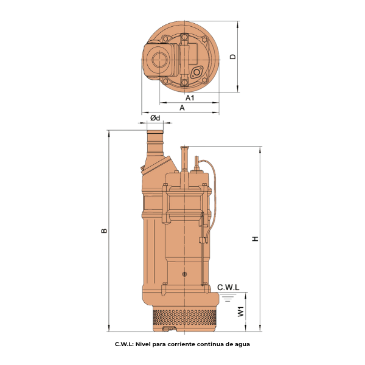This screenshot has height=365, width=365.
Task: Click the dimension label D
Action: tap(233, 57)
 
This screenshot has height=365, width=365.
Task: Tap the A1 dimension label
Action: tap(190, 98)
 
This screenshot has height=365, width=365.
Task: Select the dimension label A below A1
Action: tap(182, 108)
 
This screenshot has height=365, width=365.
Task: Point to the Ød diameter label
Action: tap(155, 118)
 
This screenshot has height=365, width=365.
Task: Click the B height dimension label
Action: tap(104, 231)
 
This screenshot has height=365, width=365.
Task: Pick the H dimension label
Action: tap(255, 238)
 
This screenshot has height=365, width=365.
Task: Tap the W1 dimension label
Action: tap(241, 311)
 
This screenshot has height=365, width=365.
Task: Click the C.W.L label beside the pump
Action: tap(228, 288)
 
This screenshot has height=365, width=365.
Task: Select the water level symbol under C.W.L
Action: tap(228, 297)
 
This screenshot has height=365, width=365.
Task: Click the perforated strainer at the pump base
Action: tap(184, 316)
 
